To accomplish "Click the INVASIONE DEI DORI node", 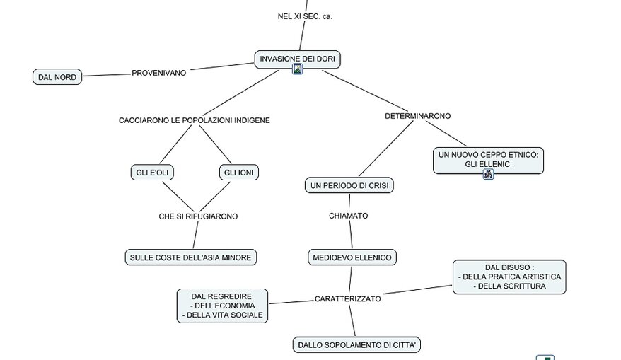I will pyautogui.click(x=297, y=57).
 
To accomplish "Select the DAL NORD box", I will pyautogui.click(x=57, y=77).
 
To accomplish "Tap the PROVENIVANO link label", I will pyautogui.click(x=159, y=73).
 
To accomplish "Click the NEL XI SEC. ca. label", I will pyautogui.click(x=305, y=16).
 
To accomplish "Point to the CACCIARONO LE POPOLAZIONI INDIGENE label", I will pyautogui.click(x=194, y=120).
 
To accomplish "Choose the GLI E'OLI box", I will pyautogui.click(x=152, y=173).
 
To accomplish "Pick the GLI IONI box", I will pyautogui.click(x=240, y=173).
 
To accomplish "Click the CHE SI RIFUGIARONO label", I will pyautogui.click(x=198, y=216).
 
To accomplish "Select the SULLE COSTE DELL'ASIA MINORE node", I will pyautogui.click(x=190, y=257).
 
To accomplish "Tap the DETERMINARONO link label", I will pyautogui.click(x=417, y=115).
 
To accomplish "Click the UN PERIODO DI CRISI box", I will pyautogui.click(x=349, y=186).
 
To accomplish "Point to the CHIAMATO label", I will pyautogui.click(x=348, y=216).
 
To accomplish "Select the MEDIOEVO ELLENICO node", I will pyautogui.click(x=352, y=257).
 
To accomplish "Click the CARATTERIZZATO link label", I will pyautogui.click(x=347, y=298).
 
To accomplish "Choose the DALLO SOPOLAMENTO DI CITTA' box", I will pyautogui.click(x=356, y=345).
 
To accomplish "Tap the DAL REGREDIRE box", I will pyautogui.click(x=222, y=306).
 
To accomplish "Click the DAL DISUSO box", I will pyautogui.click(x=509, y=277).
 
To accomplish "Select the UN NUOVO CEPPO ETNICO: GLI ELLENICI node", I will pyautogui.click(x=488, y=159).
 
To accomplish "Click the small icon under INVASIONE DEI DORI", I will pyautogui.click(x=298, y=69).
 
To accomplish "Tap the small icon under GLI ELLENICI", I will pyautogui.click(x=488, y=174).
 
